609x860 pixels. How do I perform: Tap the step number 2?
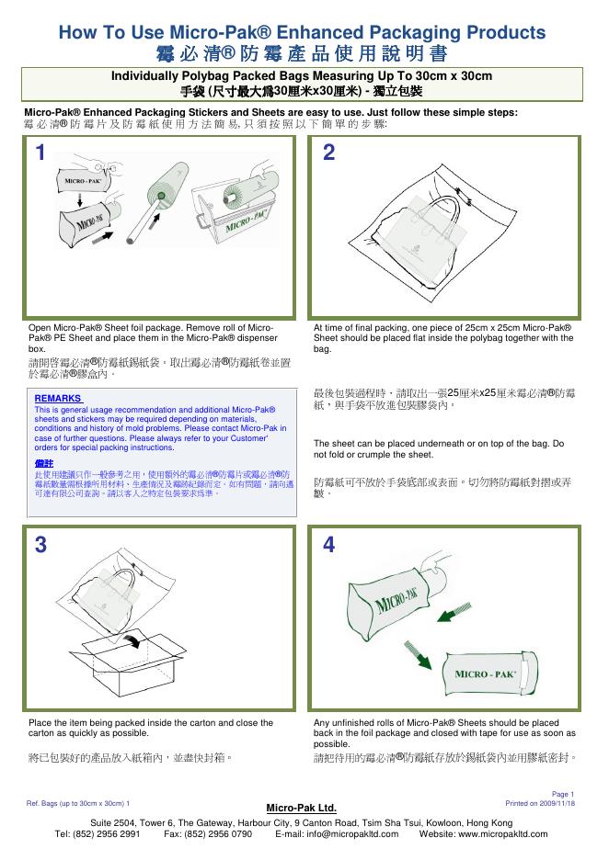pos(329,153)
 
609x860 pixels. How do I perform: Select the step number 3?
pos(40,544)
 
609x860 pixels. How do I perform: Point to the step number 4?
pos(329,544)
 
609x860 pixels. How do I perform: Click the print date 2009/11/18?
pos(556,802)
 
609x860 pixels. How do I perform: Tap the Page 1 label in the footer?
pos(563,794)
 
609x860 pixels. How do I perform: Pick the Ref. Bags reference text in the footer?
pos(79,803)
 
